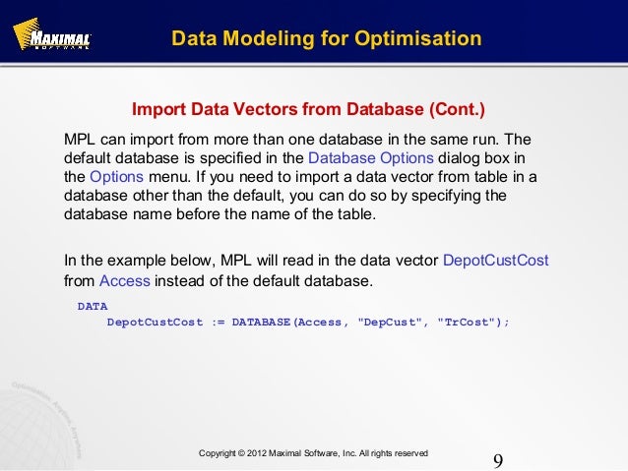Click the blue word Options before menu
116,177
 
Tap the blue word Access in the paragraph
125,281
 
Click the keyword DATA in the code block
93,306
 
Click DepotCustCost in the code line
153,322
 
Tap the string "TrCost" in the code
469,322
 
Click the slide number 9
497,461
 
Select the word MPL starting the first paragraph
80,140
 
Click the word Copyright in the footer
221,453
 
